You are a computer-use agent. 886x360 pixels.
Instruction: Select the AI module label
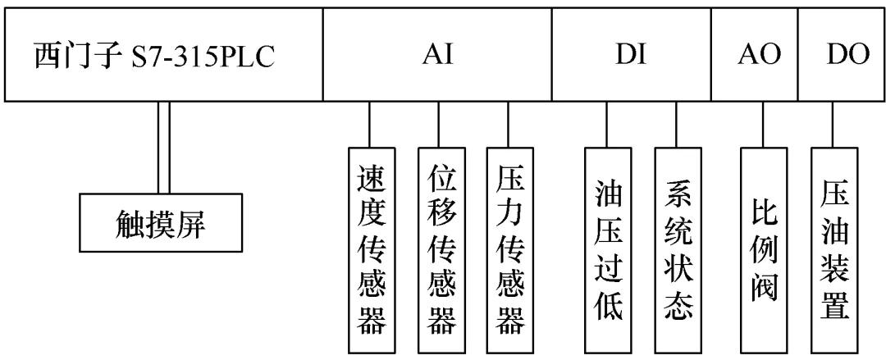point(437,57)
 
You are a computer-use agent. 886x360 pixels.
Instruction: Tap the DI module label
point(631,57)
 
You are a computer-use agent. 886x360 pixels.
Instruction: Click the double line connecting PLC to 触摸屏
point(164,148)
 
